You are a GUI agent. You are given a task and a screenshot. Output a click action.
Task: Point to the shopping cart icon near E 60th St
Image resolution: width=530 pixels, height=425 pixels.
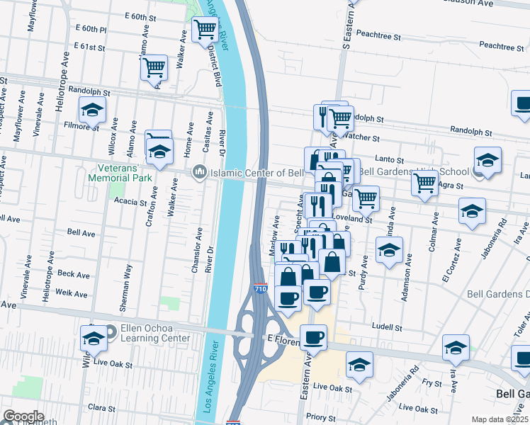205,30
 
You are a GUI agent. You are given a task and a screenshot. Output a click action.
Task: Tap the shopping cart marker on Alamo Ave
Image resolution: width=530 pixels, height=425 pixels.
154,68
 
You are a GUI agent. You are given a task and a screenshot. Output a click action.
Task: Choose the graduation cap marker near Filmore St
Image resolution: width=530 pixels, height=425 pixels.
92,110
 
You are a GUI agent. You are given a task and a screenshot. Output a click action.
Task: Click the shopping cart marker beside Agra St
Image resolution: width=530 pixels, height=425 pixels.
424,183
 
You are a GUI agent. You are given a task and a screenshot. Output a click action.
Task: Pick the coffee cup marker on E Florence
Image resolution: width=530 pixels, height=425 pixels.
312,337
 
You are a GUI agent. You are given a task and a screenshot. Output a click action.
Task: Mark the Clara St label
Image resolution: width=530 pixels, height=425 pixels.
101,408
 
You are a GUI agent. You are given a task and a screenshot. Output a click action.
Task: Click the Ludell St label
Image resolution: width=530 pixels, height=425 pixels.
387,328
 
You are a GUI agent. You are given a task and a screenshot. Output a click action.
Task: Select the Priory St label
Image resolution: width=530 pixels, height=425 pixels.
321,418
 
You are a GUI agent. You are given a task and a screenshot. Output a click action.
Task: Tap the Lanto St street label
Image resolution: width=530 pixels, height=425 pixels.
389,161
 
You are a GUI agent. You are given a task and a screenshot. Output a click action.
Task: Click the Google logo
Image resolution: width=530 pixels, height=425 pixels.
23,416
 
